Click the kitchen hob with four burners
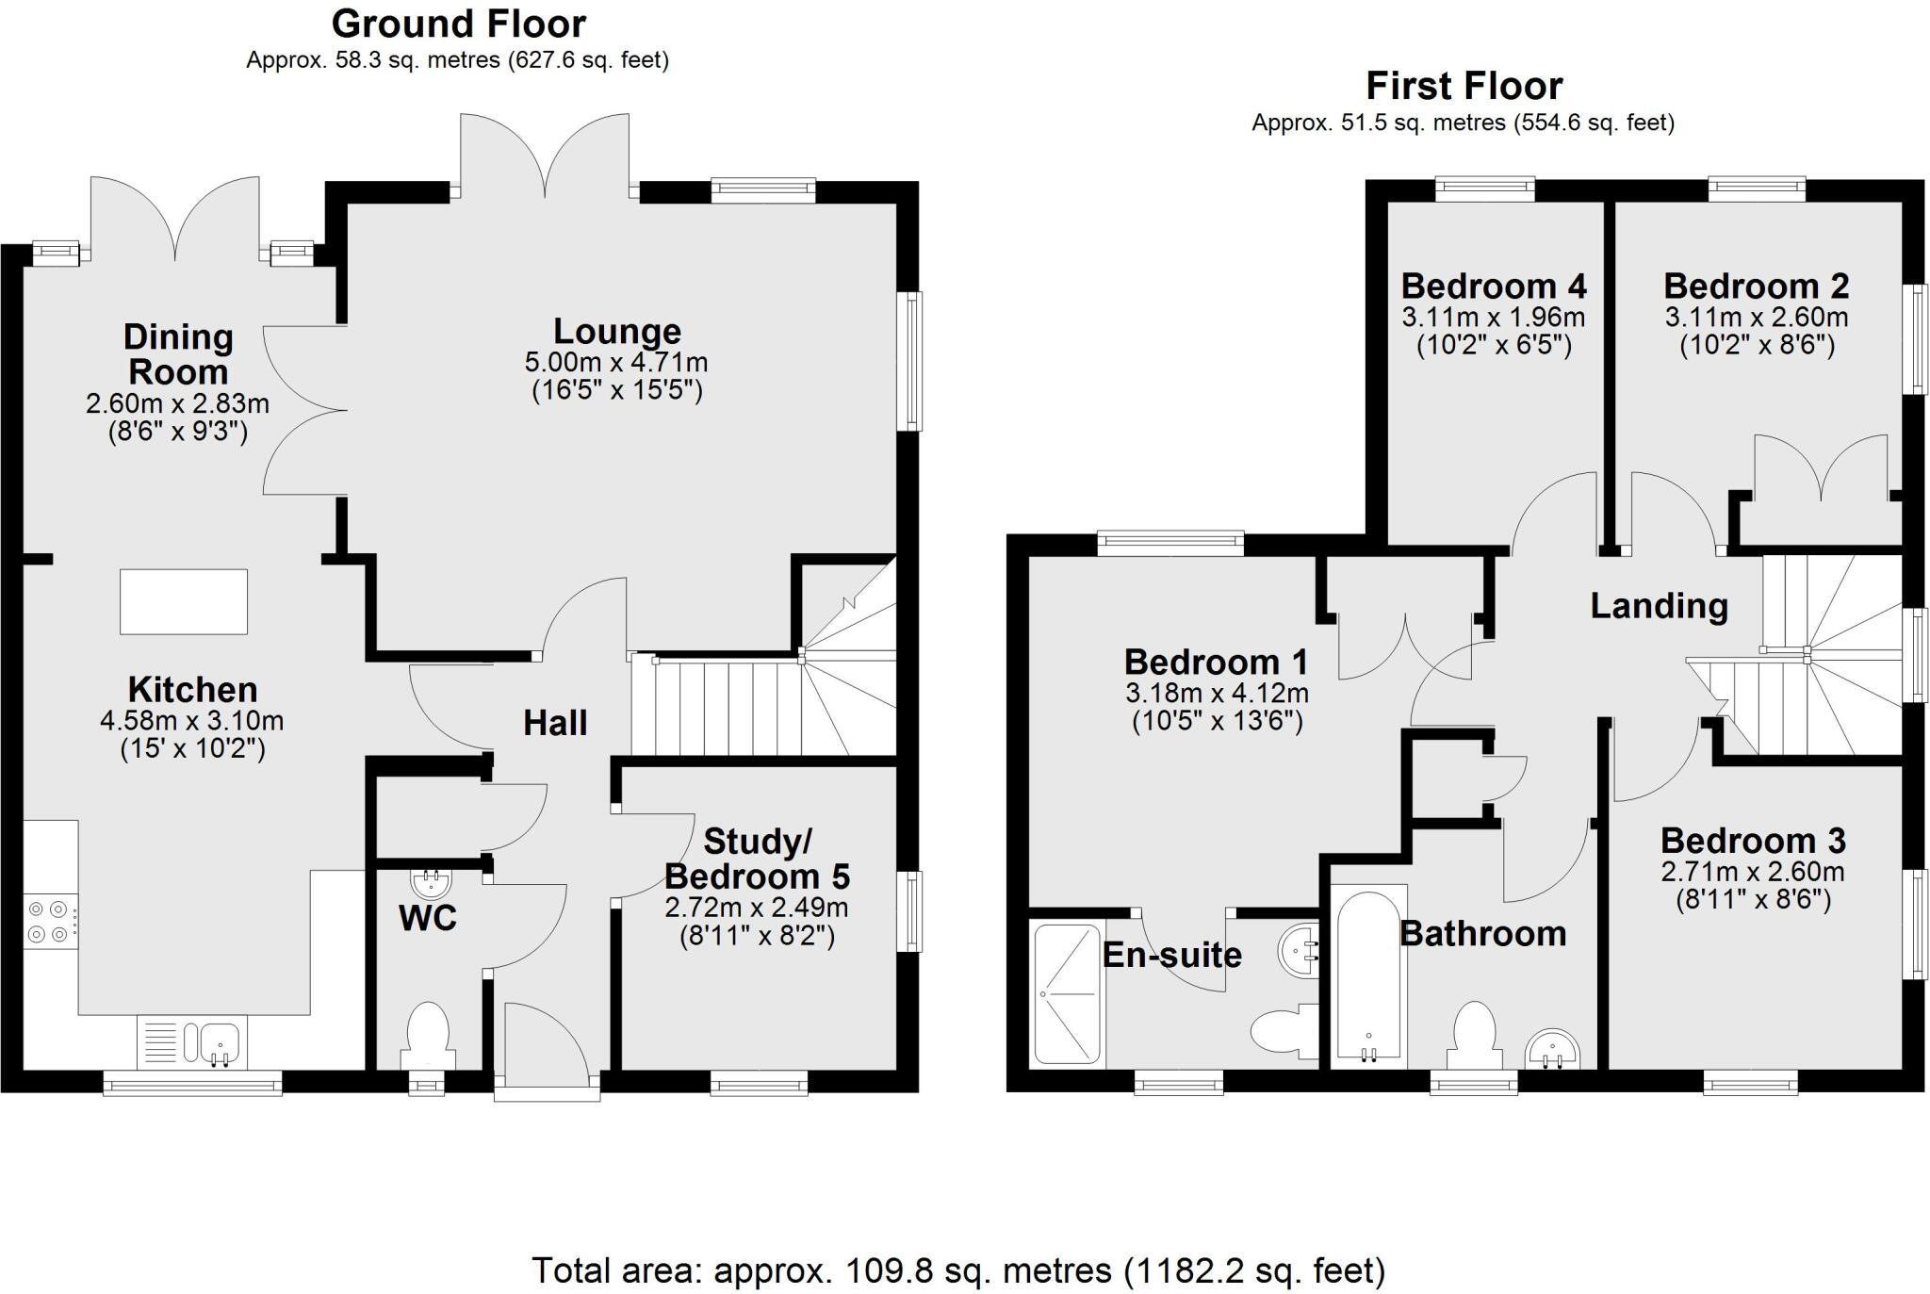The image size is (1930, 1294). click(x=49, y=922)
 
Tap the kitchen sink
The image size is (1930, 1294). click(x=192, y=1041)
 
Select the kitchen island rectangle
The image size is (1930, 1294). click(x=184, y=601)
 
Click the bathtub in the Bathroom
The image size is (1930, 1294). click(x=1368, y=975)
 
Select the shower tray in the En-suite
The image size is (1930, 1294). click(x=1067, y=993)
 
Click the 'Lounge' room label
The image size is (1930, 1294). click(x=616, y=332)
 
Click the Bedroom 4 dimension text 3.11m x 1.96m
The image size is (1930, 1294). click(x=1493, y=317)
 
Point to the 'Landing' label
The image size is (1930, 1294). click(x=1659, y=606)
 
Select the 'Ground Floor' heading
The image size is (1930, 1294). click(x=458, y=24)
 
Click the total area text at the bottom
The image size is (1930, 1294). click(x=958, y=1270)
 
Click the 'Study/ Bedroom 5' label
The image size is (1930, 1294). click(x=757, y=859)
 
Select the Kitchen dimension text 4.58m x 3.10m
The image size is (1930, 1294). click(x=191, y=721)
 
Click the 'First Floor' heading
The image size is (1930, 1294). click(x=1464, y=87)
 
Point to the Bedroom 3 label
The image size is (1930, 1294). click(x=1752, y=841)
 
